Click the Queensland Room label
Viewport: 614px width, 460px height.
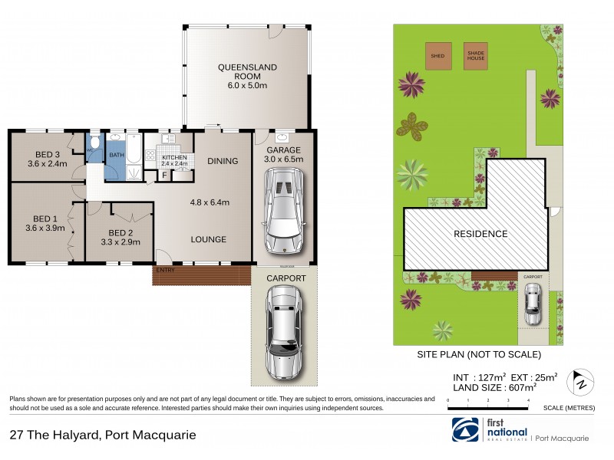click(246, 72)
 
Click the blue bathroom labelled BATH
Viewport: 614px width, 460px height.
click(116, 155)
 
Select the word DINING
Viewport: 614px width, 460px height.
click(223, 161)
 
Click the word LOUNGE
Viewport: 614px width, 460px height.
click(209, 239)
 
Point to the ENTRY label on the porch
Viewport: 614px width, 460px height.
click(164, 270)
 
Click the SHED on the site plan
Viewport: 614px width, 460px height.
click(438, 56)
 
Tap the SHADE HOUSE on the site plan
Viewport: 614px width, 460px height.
click(476, 56)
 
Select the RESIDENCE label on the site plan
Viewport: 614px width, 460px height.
click(480, 234)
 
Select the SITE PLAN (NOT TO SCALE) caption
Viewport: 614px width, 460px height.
click(478, 354)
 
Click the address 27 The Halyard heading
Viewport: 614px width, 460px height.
click(102, 435)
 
